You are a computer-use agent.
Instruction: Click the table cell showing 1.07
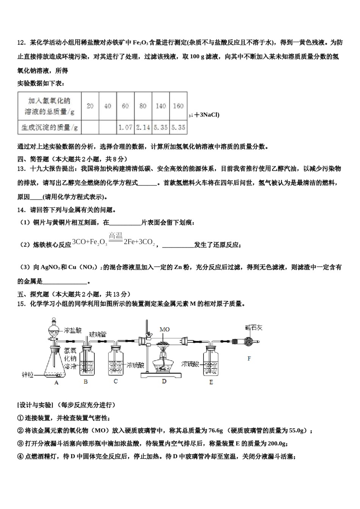point(125,128)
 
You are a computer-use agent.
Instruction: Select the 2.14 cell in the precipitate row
point(143,128)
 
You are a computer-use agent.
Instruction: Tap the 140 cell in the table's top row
point(161,106)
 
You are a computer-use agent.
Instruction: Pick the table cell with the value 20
point(90,106)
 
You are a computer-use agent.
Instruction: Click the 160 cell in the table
point(178,106)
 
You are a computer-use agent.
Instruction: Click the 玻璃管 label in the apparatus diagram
point(97,334)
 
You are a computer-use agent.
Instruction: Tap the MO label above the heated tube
point(164,329)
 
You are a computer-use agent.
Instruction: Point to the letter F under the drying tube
point(249,358)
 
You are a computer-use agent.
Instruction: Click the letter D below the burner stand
point(164,381)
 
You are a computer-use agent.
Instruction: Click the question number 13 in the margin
point(21,169)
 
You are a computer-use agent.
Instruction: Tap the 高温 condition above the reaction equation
point(116,236)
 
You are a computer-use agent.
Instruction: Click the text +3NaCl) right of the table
point(207,115)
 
